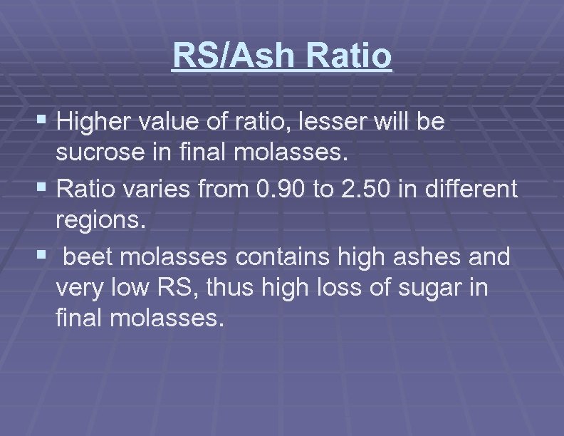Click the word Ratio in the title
click(x=351, y=56)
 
